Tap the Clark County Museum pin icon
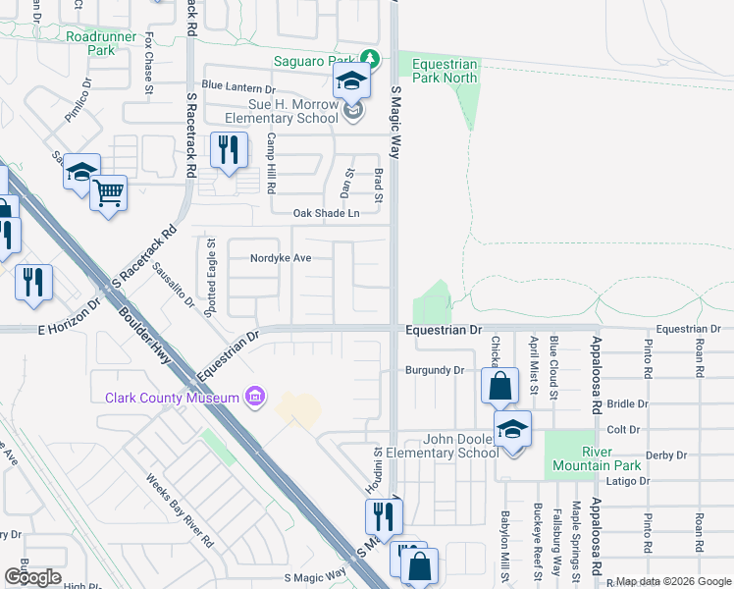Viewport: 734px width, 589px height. click(254, 397)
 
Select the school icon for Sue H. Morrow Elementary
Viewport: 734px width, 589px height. click(351, 82)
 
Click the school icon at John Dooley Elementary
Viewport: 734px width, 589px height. click(511, 429)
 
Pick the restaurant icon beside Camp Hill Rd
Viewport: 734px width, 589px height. click(228, 150)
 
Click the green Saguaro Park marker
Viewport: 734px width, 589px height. click(369, 59)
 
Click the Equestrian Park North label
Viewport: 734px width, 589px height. click(445, 71)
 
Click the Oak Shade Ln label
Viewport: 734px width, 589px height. click(326, 213)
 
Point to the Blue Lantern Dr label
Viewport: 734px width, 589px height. click(242, 85)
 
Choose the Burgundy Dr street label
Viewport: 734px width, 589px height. click(434, 371)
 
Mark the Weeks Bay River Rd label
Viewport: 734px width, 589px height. click(181, 510)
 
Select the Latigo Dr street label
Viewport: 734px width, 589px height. click(630, 481)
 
